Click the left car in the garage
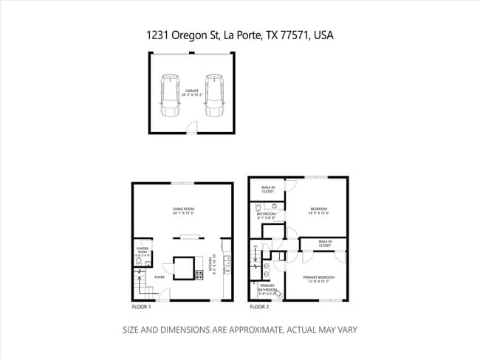(x=170, y=95)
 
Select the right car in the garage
(x=214, y=95)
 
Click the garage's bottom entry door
(x=191, y=130)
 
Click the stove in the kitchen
(x=199, y=274)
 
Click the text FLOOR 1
(x=141, y=306)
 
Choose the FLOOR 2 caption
(x=259, y=306)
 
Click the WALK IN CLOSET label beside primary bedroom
(x=325, y=242)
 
